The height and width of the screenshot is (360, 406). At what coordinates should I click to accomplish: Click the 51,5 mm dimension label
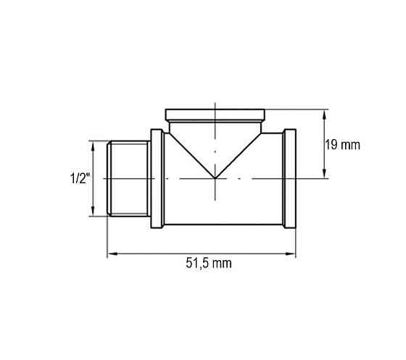(x=204, y=264)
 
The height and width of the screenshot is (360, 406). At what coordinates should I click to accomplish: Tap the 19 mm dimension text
(x=342, y=145)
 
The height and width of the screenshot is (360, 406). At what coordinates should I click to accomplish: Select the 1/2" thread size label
(x=78, y=178)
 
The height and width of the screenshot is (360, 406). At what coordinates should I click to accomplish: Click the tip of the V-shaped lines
(x=216, y=178)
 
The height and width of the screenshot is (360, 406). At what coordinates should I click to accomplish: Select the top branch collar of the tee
(x=216, y=114)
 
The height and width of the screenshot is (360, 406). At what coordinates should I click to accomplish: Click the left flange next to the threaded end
(x=156, y=178)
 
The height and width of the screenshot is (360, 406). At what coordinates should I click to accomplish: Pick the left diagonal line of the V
(x=192, y=154)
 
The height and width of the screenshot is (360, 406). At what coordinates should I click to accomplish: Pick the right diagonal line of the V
(x=240, y=154)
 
